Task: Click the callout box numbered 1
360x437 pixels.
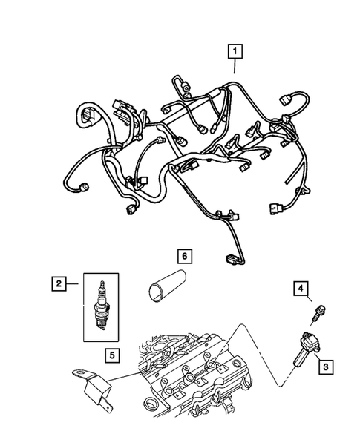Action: (x=235, y=51)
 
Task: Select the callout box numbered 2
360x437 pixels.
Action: (x=57, y=283)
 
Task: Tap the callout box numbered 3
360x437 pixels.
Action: (x=324, y=364)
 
